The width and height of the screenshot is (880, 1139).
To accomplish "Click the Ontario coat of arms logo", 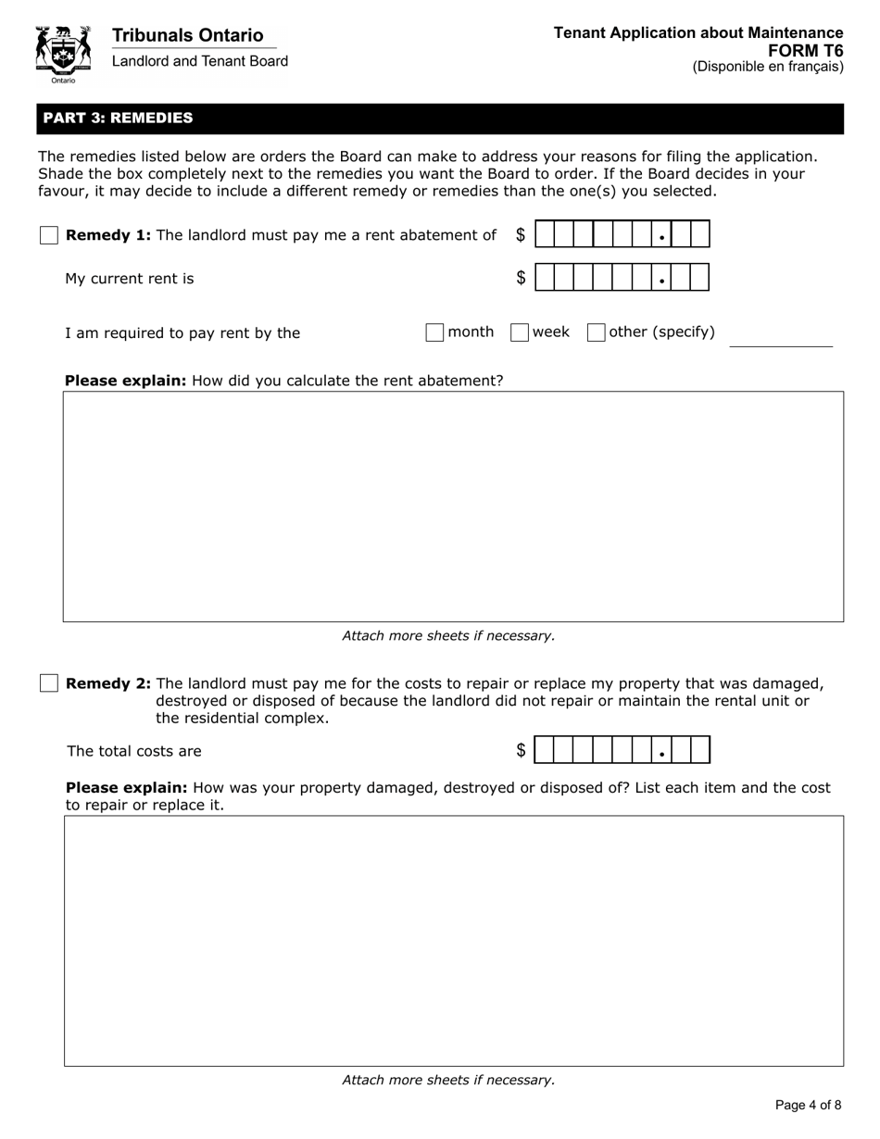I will coord(63,53).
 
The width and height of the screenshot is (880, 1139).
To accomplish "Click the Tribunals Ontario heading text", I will coord(187,35).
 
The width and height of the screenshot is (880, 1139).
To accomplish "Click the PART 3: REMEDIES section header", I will coord(118,118).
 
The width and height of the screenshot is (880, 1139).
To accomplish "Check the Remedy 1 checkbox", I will coord(49,235).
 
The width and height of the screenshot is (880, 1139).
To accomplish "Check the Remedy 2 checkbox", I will coord(49,683).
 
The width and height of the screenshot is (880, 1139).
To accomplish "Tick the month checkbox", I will coord(434,332).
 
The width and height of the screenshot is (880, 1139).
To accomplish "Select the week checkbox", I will coord(520,332).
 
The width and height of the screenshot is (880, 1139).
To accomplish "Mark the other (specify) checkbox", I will coord(597,332).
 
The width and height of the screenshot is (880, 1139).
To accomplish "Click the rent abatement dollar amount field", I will coord(622,234).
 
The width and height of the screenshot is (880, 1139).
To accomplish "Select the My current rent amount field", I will coord(622,277).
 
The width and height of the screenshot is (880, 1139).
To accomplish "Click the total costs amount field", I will coord(622,750).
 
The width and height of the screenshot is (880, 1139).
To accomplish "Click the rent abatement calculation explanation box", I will coord(453,506).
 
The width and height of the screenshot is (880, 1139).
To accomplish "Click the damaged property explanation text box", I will coord(453,940).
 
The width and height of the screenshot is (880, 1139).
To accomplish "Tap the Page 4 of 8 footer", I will coord(808,1105).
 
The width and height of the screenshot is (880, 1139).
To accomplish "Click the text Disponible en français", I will coord(768,67).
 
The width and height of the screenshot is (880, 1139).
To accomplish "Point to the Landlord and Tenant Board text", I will coord(199,61).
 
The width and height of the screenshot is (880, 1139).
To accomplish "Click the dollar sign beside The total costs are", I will coord(521,751).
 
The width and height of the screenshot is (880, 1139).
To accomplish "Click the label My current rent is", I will coord(130,279).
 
